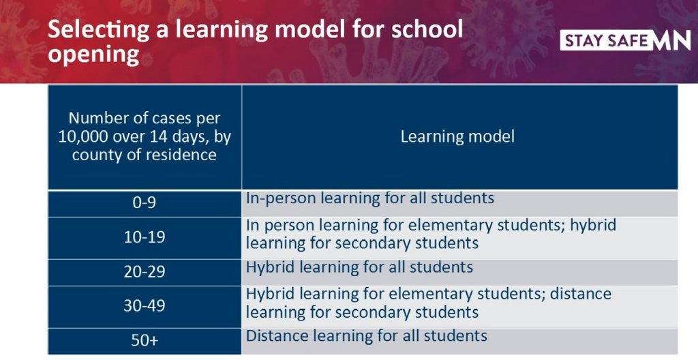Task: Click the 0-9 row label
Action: [145, 202]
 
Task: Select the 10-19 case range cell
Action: [145, 237]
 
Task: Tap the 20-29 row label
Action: [145, 271]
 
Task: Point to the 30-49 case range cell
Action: [145, 305]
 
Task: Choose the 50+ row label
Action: [145, 340]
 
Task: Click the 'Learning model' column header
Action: [457, 136]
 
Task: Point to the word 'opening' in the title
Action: [93, 56]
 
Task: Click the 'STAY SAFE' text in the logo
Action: [606, 42]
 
